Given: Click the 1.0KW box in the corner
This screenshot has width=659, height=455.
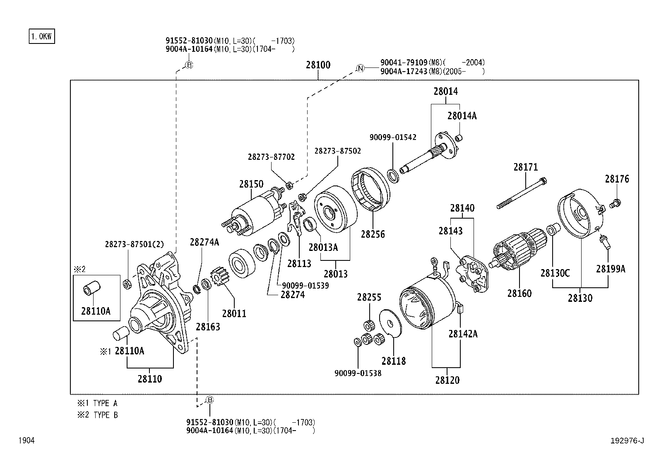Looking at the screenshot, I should point(42,36).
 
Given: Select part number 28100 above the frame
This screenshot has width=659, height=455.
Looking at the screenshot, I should point(318,65).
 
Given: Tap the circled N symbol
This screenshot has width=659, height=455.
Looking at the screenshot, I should point(361,68).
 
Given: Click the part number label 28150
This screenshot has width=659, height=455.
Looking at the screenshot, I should point(251,184).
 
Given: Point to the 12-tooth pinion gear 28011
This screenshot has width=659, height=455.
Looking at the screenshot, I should point(220,277).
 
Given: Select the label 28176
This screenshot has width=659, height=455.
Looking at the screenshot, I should point(616,179).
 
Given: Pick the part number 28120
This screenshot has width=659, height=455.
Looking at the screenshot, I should point(447,380).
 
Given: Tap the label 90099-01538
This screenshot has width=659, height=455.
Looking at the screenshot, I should point(358,373).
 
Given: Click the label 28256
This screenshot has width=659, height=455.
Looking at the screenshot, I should point(373,234).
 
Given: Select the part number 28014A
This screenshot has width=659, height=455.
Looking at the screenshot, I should point(462,116).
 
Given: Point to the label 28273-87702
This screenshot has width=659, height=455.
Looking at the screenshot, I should point(271,157).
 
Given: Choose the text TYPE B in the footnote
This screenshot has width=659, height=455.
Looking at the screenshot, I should point(105,415).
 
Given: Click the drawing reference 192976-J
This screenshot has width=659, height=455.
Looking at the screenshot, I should point(627,441).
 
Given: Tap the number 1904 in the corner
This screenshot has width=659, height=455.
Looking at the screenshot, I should point(26,441).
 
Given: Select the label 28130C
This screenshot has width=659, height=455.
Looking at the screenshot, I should point(555,273).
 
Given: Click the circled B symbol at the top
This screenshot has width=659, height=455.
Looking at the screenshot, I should point(189,65).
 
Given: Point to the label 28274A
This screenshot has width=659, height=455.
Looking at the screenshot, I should point(204,242).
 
